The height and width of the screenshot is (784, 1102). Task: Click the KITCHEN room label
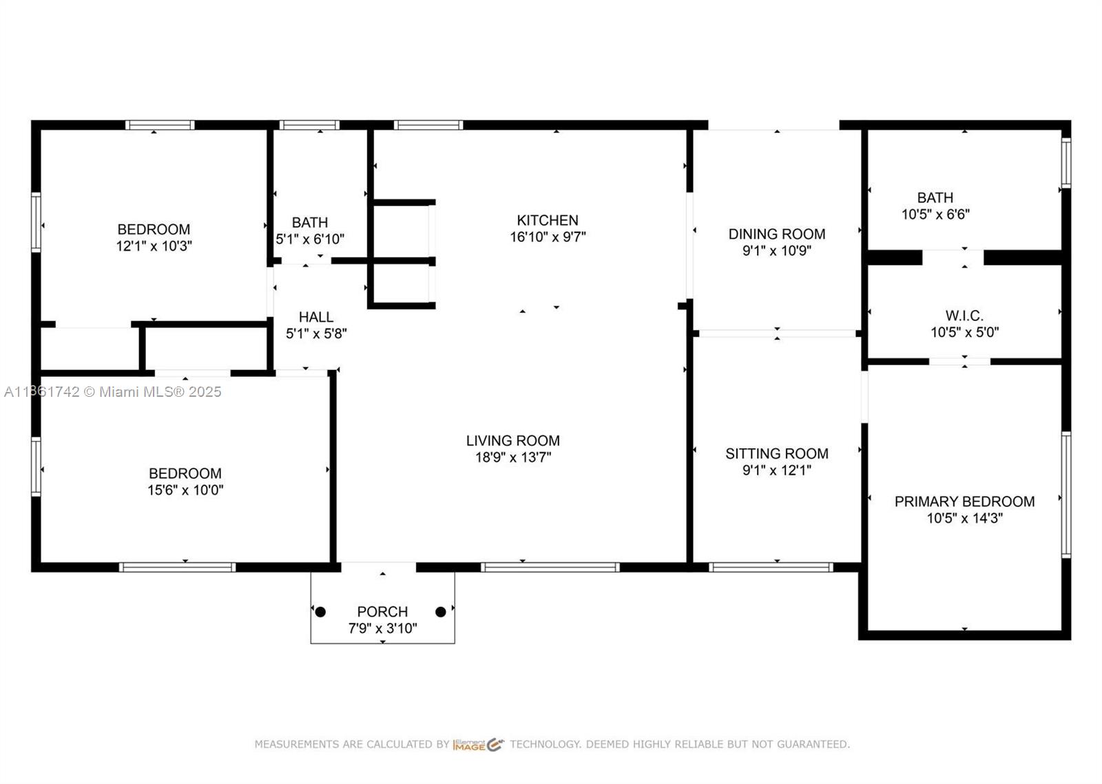[548, 220]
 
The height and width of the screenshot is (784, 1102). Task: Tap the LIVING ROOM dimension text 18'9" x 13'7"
[513, 457]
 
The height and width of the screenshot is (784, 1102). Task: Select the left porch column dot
[320, 612]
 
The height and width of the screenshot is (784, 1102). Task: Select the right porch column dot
[441, 612]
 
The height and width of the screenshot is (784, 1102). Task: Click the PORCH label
[382, 612]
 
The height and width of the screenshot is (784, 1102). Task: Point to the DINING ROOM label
[777, 234]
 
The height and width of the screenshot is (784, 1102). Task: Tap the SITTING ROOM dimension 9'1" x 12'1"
[777, 471]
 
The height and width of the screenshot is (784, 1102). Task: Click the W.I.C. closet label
[964, 316]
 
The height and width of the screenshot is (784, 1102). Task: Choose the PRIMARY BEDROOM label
[964, 502]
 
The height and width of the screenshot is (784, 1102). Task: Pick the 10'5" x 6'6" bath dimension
[935, 214]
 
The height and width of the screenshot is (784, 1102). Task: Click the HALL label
[316, 317]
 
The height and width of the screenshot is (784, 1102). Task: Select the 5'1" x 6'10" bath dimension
[310, 239]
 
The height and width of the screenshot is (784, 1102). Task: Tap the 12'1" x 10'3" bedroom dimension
[154, 246]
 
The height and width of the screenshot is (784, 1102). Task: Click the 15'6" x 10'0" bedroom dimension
[185, 490]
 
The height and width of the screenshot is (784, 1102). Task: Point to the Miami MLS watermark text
[113, 392]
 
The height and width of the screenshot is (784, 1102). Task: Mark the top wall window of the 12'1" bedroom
[160, 125]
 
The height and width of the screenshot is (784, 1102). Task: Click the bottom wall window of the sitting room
[771, 568]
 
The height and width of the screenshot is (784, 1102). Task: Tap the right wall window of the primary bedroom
[1065, 494]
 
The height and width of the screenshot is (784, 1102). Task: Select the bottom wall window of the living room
[550, 568]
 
